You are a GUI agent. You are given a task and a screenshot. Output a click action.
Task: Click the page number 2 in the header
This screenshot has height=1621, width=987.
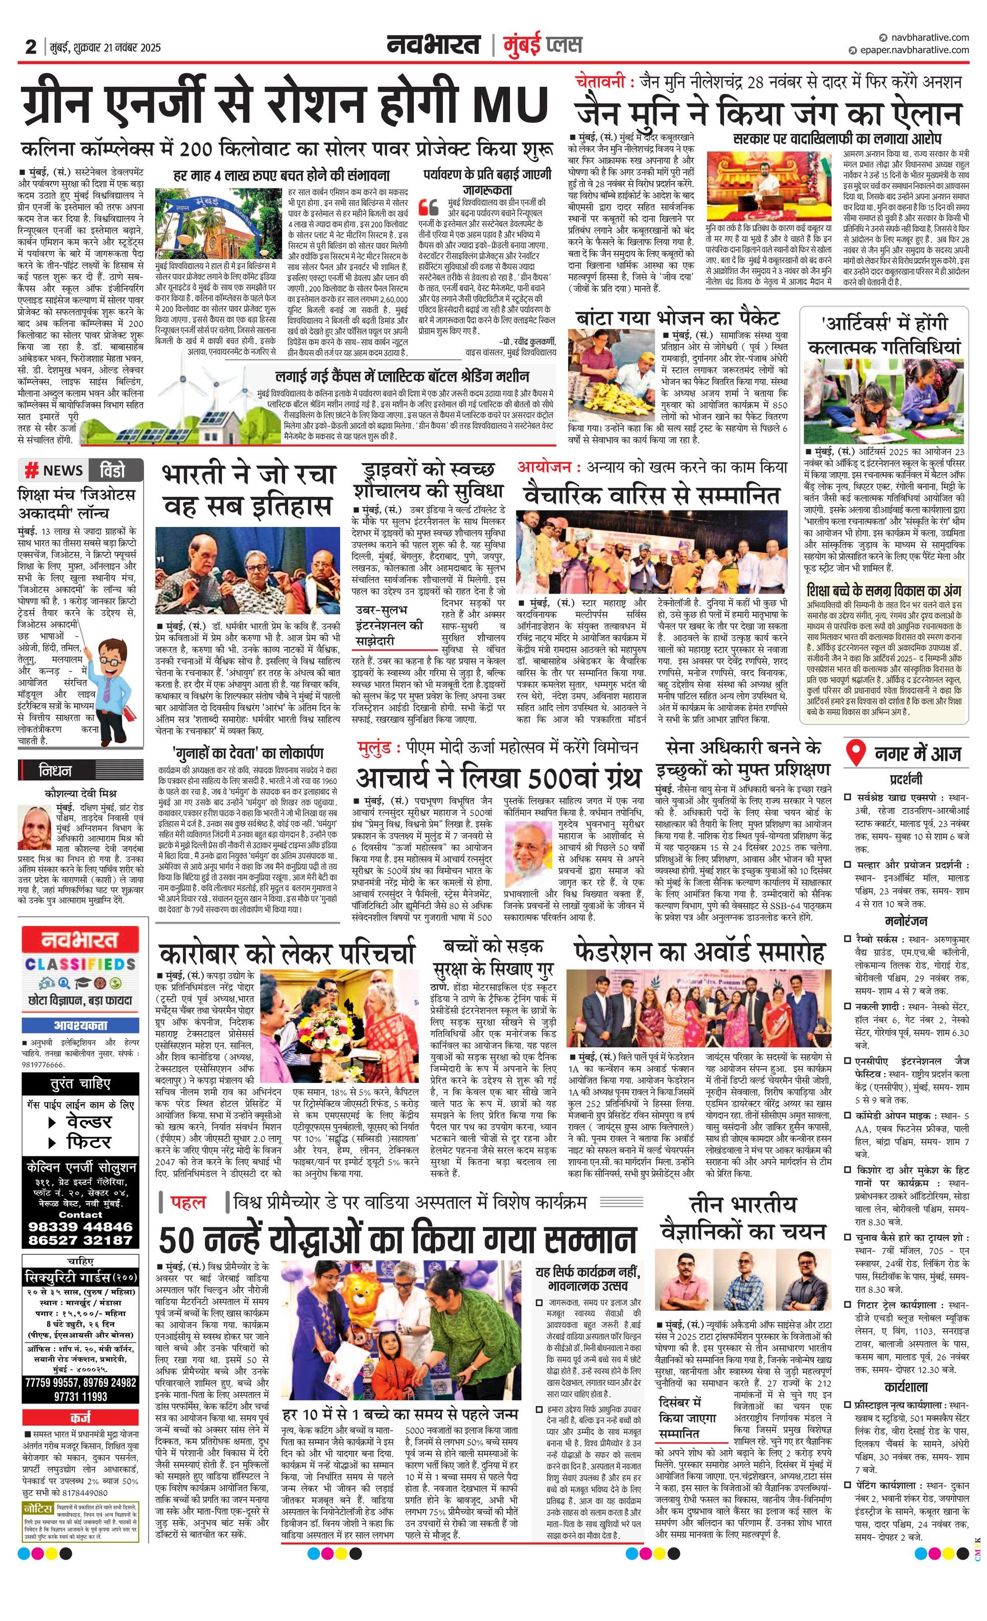[x=30, y=48]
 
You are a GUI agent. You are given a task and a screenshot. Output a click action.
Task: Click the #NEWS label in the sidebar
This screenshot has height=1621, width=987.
[x=54, y=470]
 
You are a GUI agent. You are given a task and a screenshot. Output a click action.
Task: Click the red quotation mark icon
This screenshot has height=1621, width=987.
[x=428, y=206]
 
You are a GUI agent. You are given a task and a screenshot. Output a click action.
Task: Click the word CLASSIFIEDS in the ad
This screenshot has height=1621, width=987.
[x=80, y=964]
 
